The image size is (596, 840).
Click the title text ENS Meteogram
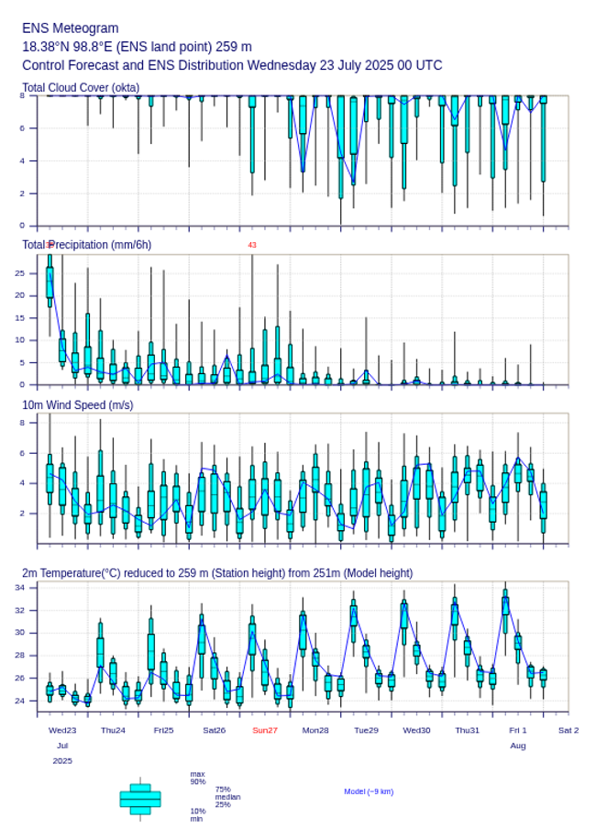click(70, 28)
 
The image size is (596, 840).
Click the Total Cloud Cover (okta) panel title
click(81, 88)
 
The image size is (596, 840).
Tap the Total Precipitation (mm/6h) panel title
click(87, 245)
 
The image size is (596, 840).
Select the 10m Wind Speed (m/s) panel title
click(78, 404)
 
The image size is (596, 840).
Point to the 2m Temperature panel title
click(217, 573)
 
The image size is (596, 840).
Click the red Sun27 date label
click(265, 730)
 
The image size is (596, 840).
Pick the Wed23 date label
click(62, 730)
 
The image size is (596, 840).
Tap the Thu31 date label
click(468, 730)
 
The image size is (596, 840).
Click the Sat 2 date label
click(568, 730)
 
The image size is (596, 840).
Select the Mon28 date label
click(315, 730)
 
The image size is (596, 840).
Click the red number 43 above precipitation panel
click(252, 245)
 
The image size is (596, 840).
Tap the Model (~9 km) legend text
click(369, 791)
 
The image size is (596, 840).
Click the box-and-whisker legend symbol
click(139, 799)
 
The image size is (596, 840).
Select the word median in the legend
click(228, 797)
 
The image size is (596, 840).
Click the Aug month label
click(518, 746)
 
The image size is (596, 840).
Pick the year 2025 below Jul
click(62, 761)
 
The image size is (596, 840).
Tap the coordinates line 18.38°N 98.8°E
click(137, 47)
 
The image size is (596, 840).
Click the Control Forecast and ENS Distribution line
click(232, 65)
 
